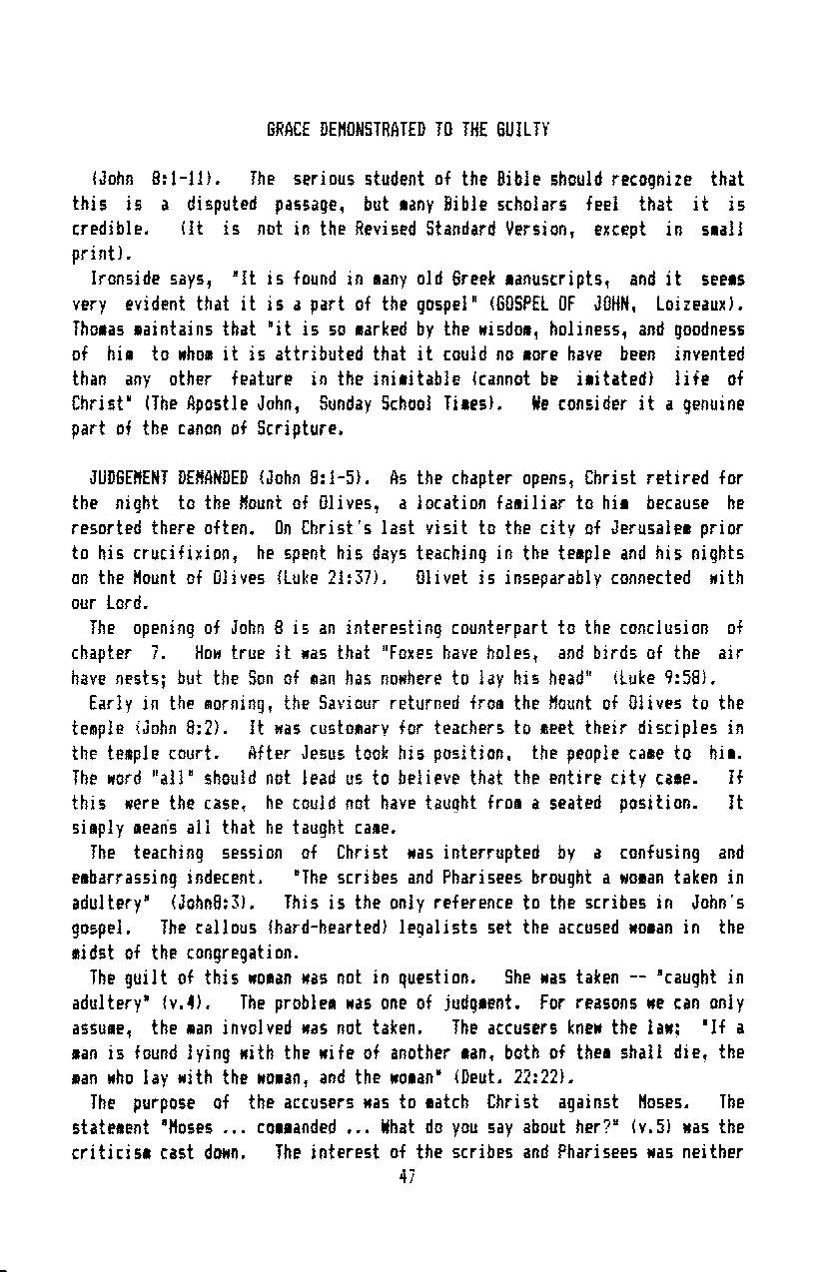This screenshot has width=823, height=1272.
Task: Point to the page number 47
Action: tap(407, 1177)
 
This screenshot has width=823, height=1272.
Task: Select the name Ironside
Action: tap(124, 280)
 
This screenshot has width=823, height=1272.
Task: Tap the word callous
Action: tap(221, 929)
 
